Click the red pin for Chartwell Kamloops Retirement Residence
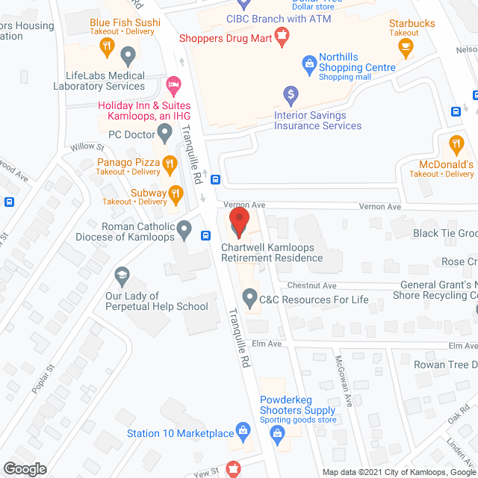click(238, 222)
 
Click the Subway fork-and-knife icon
click(176, 196)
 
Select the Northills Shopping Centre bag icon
click(308, 64)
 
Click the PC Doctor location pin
click(164, 135)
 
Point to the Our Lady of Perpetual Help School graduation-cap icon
click(120, 278)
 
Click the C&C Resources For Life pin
click(248, 299)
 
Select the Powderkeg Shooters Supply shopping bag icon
click(276, 433)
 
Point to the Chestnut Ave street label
click(312, 285)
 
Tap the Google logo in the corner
click(25, 468)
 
